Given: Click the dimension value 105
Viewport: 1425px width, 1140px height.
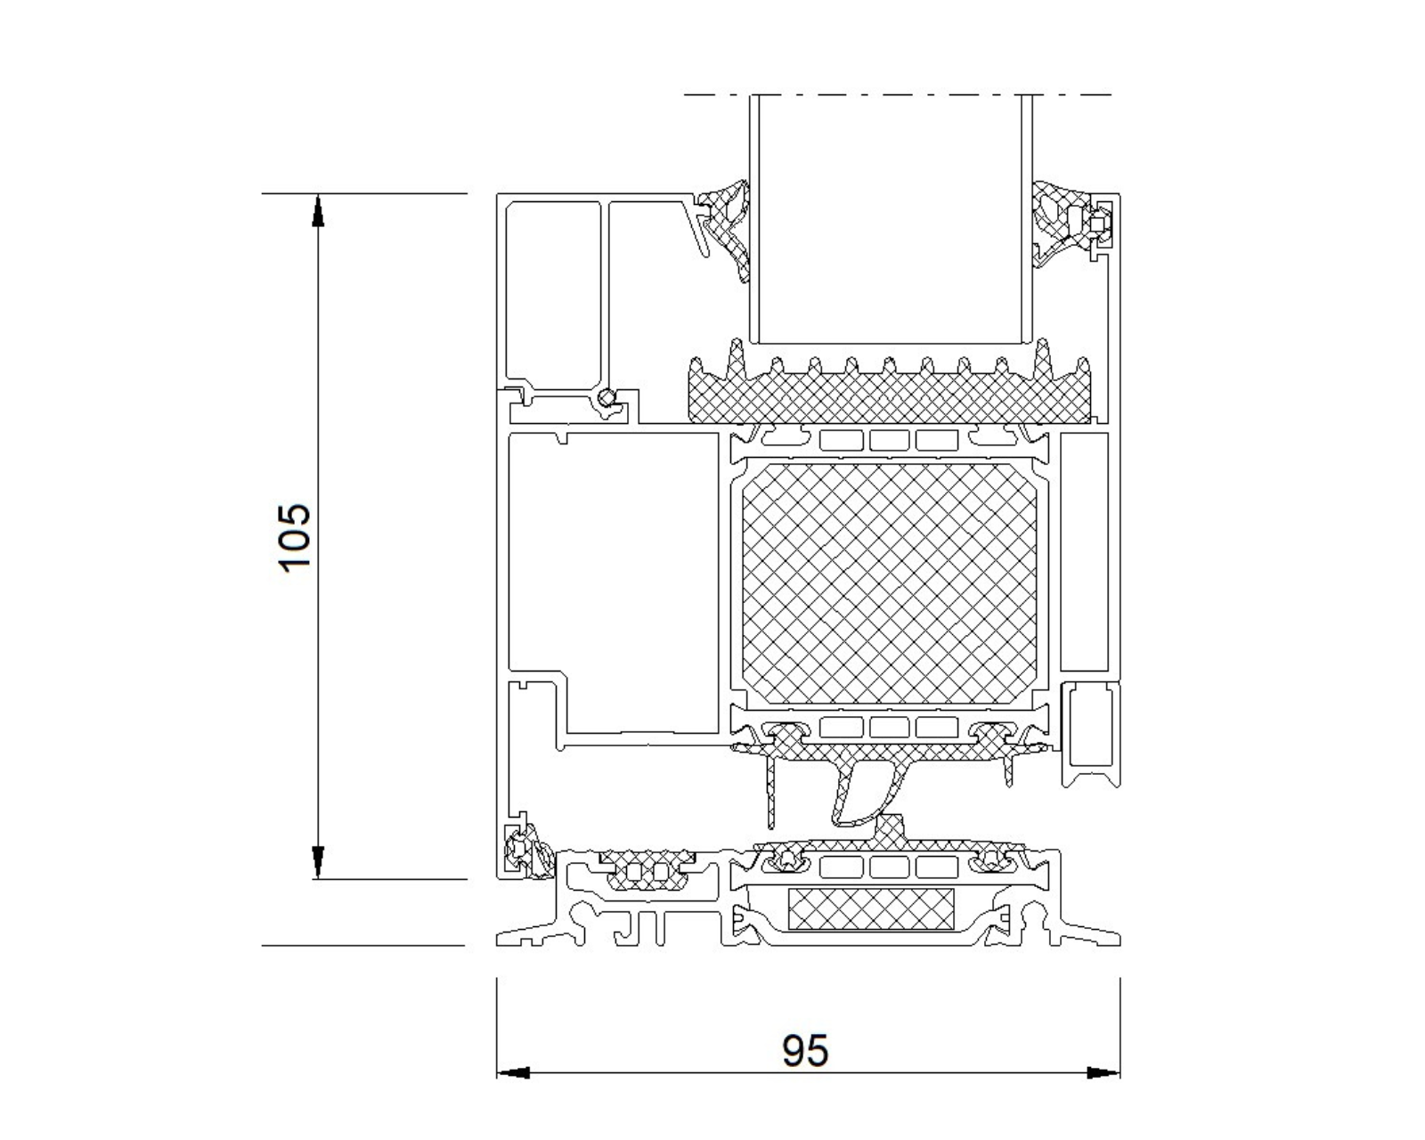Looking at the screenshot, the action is click(x=294, y=536).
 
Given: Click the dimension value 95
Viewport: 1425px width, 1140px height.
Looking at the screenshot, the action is click(x=804, y=1051).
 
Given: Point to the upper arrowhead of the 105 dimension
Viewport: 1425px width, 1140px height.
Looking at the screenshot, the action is click(x=318, y=211).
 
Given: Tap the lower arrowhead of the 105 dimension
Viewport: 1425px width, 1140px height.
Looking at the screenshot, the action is click(x=318, y=862).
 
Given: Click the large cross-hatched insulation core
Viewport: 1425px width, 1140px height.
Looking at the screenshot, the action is click(x=890, y=583).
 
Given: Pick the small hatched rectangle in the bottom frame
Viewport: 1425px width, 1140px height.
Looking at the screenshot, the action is click(x=871, y=908).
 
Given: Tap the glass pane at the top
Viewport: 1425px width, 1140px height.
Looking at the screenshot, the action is click(x=891, y=219).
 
